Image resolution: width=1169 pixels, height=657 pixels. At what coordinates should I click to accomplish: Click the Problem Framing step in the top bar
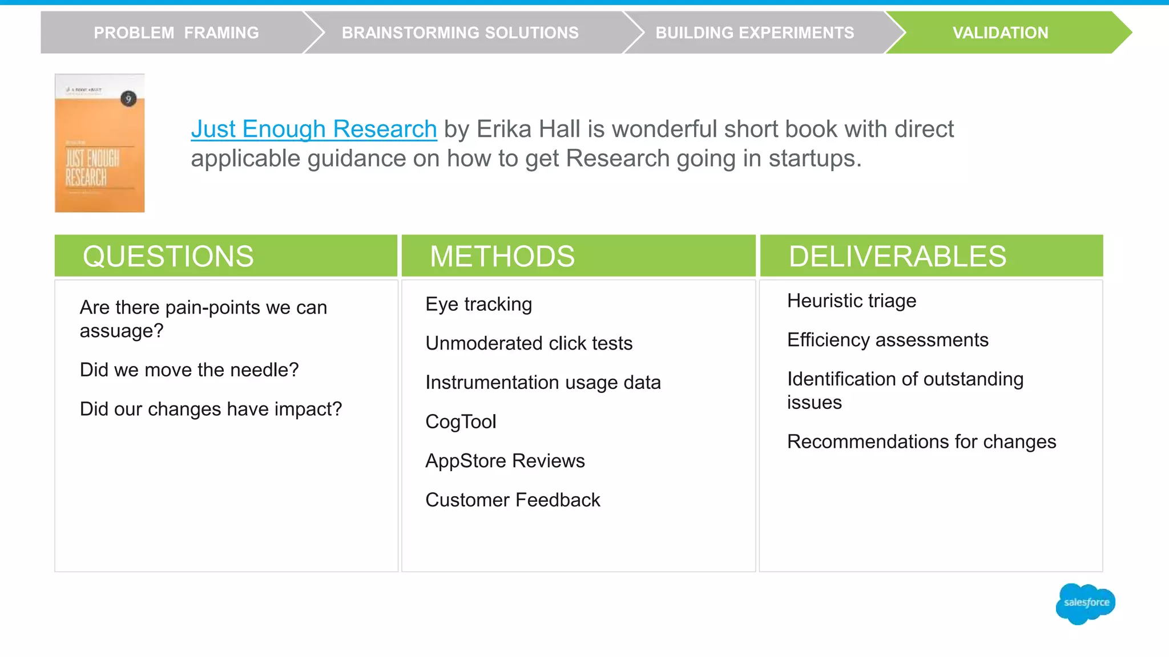pyautogui.click(x=176, y=33)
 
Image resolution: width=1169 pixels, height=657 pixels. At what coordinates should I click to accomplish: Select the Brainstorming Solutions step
pyautogui.click(x=460, y=33)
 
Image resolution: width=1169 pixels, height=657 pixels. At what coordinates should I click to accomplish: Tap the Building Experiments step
pyautogui.click(x=755, y=33)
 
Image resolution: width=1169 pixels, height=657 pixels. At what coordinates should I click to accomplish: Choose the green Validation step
pyautogui.click(x=1000, y=33)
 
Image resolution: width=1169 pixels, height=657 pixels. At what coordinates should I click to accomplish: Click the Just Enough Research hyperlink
pyautogui.click(x=314, y=129)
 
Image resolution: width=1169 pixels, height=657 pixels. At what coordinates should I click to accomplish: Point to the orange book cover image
pyautogui.click(x=100, y=143)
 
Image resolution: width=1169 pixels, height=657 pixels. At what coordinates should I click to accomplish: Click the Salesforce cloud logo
pyautogui.click(x=1086, y=603)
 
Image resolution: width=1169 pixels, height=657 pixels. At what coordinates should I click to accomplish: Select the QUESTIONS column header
pyautogui.click(x=168, y=256)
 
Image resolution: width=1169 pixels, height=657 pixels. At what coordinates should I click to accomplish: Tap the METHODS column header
pyautogui.click(x=502, y=256)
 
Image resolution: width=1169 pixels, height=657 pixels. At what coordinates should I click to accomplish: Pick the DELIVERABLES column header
pyautogui.click(x=897, y=256)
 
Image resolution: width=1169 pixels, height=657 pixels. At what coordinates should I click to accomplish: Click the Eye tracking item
pyautogui.click(x=479, y=305)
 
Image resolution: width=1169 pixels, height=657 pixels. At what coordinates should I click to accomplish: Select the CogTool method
pyautogui.click(x=461, y=421)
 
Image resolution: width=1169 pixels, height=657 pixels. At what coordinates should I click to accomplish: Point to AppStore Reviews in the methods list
pyautogui.click(x=505, y=461)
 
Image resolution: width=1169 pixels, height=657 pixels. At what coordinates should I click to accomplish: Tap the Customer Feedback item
pyautogui.click(x=513, y=500)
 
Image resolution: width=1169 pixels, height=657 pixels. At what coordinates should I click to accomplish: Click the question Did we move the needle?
pyautogui.click(x=189, y=370)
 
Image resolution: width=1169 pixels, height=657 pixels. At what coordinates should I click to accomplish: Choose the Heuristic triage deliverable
pyautogui.click(x=852, y=301)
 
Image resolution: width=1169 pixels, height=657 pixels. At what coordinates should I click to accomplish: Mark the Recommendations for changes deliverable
pyautogui.click(x=921, y=442)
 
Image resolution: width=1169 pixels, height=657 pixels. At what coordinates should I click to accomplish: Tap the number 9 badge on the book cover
pyautogui.click(x=128, y=99)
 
